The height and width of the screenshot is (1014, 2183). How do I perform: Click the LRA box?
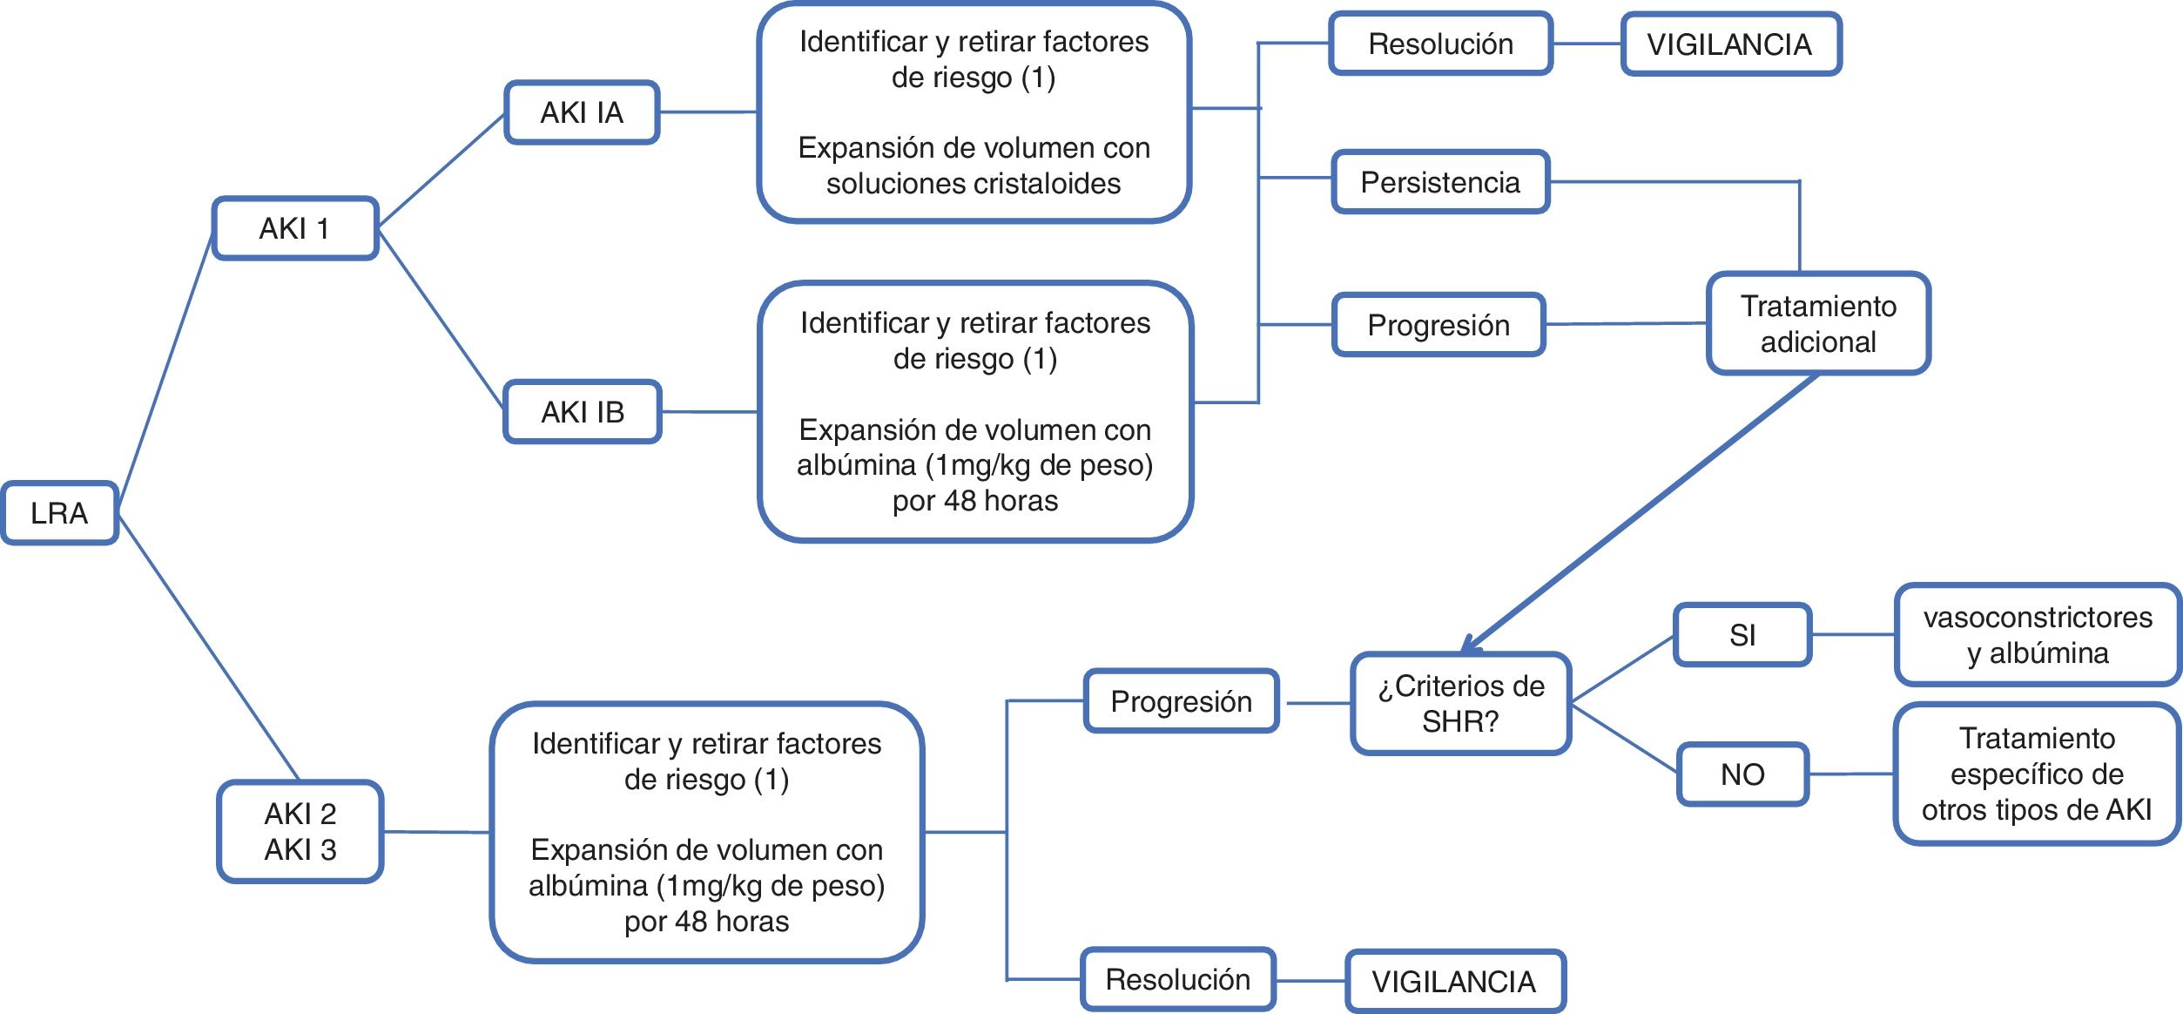pos(59,513)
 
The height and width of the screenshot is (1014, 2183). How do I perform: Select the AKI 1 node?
pos(295,228)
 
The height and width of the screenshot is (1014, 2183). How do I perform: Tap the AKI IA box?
pos(582,112)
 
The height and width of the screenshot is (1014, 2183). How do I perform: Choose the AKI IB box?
pos(583,412)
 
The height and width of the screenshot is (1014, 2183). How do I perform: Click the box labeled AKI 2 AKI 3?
pos(300,831)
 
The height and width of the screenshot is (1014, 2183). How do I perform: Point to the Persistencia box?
pos(1440,182)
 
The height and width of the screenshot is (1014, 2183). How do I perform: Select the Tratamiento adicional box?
pos(1818,324)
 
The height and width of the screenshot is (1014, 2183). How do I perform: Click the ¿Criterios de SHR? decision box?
pos(1460,703)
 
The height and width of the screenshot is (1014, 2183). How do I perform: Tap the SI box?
pos(1742,635)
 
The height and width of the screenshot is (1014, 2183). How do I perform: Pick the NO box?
pos(1742,774)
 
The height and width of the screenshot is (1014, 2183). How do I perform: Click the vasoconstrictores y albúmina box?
pos(2038,635)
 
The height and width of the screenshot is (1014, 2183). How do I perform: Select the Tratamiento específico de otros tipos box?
pos(2036,774)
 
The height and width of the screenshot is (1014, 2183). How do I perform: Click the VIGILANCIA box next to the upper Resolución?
pos(1729,44)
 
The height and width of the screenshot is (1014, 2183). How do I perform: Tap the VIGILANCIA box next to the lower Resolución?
pos(1454,982)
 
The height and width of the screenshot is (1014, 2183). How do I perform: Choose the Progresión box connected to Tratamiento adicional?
pos(1438,325)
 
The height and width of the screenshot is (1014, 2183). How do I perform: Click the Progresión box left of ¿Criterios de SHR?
pos(1181,701)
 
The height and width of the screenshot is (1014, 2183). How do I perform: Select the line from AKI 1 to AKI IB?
pos(441,320)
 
